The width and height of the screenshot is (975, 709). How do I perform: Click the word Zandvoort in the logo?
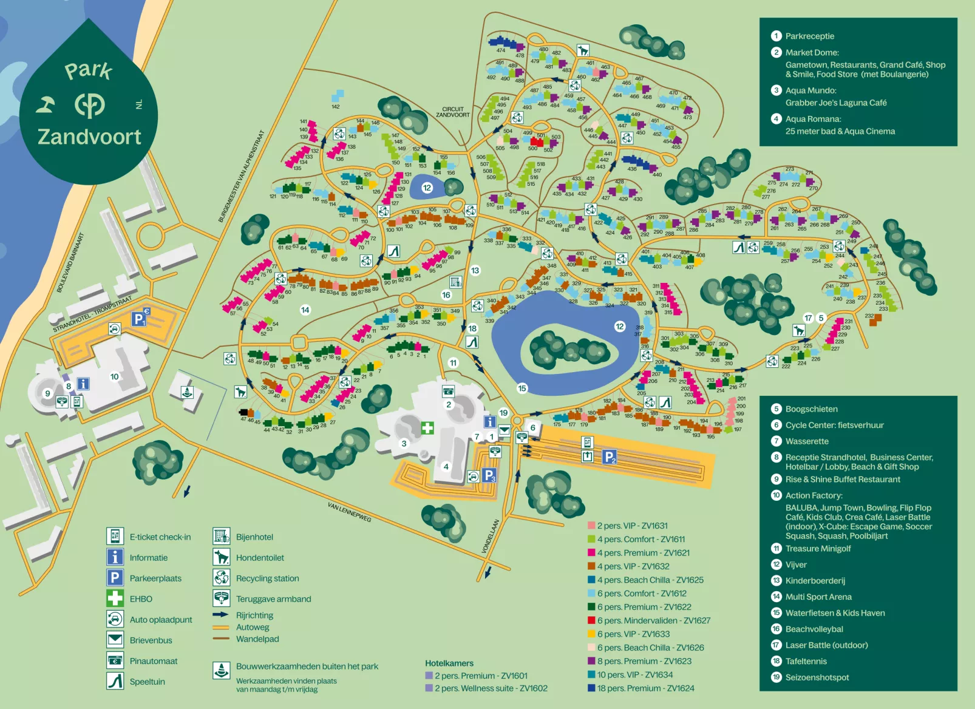coord(89,137)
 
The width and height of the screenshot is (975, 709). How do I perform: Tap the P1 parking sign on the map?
coord(138,318)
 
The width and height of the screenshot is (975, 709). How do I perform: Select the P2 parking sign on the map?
coord(610,456)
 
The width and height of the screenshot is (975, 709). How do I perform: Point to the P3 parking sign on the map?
coord(489,475)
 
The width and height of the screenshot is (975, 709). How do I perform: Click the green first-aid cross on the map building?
coord(427,428)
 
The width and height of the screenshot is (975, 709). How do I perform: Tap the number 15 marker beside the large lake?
coord(522,388)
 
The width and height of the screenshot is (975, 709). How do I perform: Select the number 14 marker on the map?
coord(305,310)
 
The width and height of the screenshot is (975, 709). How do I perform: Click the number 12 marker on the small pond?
coord(427,188)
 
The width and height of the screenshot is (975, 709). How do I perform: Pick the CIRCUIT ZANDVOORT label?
coord(453,112)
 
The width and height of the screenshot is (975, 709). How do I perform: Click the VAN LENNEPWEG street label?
coord(349,512)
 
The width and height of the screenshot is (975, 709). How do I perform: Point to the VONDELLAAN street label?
coord(491,535)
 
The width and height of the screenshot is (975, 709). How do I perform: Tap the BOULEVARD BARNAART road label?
coord(70,262)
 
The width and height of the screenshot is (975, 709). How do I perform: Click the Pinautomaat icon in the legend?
coord(115,660)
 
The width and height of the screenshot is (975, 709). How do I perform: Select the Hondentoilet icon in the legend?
coord(222,557)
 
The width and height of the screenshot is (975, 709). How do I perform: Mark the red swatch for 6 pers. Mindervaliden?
coord(591,620)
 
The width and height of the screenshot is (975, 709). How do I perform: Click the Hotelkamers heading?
coord(449,663)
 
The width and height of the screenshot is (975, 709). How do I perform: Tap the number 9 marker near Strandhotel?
coord(47,393)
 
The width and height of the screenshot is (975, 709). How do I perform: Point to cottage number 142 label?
coord(336,106)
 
